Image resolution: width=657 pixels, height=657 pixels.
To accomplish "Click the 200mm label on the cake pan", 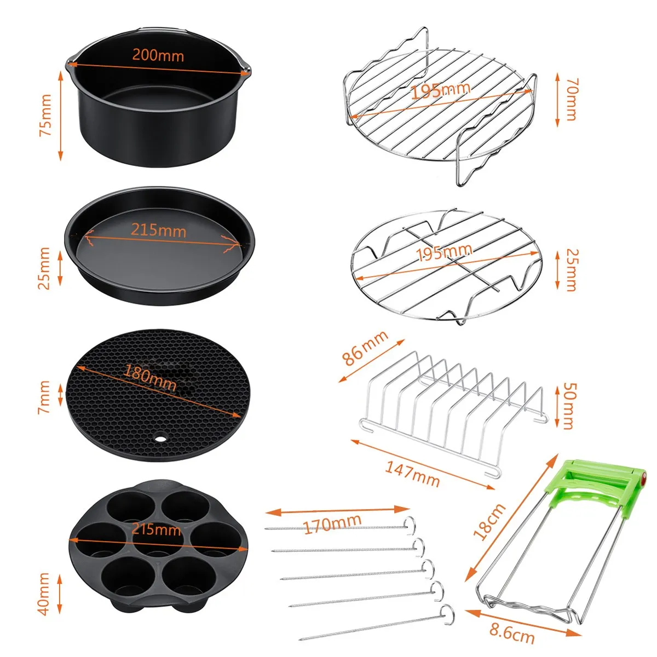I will coord(158,55).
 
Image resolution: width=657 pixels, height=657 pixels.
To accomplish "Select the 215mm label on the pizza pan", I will coord(158,229).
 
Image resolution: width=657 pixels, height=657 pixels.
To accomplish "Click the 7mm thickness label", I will coord(44,397).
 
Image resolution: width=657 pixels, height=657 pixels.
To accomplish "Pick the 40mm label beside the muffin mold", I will coord(44,593).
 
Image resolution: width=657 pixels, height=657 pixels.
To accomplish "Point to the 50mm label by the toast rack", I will coord(569,406).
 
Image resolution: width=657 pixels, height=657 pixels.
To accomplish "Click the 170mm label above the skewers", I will coord(332,525).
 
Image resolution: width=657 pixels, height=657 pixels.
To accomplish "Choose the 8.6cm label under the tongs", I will coord(512,633).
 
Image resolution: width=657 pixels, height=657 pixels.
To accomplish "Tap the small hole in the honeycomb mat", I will coord(160,439).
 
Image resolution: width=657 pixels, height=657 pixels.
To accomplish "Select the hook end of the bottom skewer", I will coord(446,612).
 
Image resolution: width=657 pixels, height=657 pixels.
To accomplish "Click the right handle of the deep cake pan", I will coord(246,70).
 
